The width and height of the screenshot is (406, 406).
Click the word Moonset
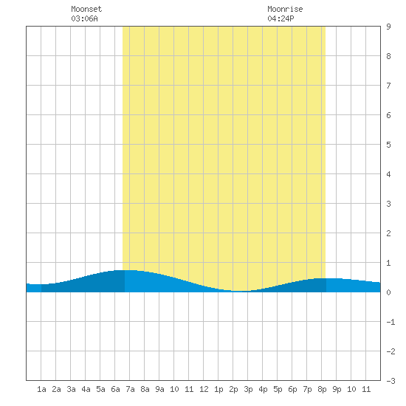coord(86,9)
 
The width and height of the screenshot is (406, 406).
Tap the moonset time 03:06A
coord(84,18)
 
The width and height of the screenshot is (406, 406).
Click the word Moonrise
coord(285,9)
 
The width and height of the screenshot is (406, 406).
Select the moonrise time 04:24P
coord(281,18)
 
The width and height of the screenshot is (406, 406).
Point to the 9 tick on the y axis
coord(388,27)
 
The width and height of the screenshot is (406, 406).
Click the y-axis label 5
coord(388,145)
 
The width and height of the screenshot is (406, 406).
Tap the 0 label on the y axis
coord(388,292)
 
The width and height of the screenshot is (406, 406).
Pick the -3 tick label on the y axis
coord(390,381)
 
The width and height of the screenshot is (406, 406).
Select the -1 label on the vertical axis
coord(390,322)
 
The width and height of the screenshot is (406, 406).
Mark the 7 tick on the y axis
coord(388,86)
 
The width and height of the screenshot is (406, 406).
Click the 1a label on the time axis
coord(41,389)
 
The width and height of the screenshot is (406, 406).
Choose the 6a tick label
coord(115,389)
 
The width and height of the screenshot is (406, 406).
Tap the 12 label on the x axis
coord(204,389)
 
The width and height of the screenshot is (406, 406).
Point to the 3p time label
coord(248,389)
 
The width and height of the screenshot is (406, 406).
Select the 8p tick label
coord(322,389)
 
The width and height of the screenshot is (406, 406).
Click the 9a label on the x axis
coord(159,389)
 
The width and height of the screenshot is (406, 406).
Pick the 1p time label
coord(219,389)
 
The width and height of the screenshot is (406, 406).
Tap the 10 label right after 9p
coord(351,389)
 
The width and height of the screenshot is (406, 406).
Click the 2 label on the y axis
coord(388,233)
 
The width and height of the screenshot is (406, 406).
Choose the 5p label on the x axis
coord(278,389)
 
